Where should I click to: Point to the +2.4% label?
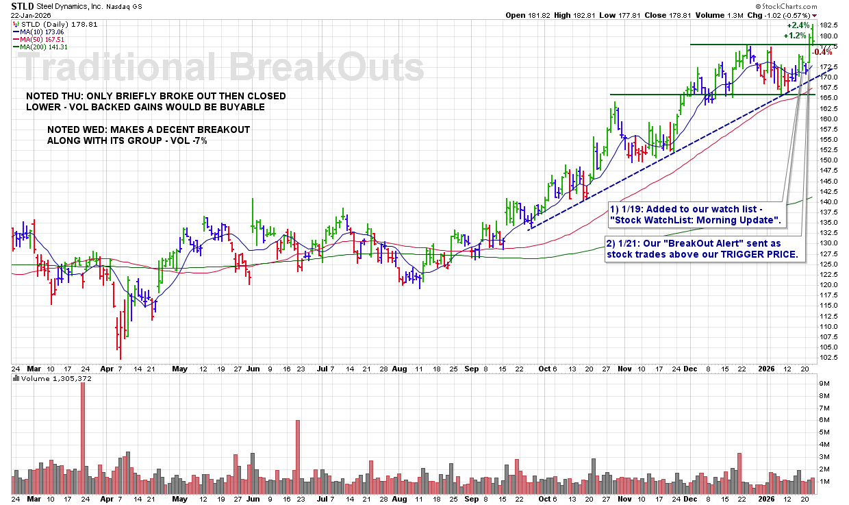[797, 25]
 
